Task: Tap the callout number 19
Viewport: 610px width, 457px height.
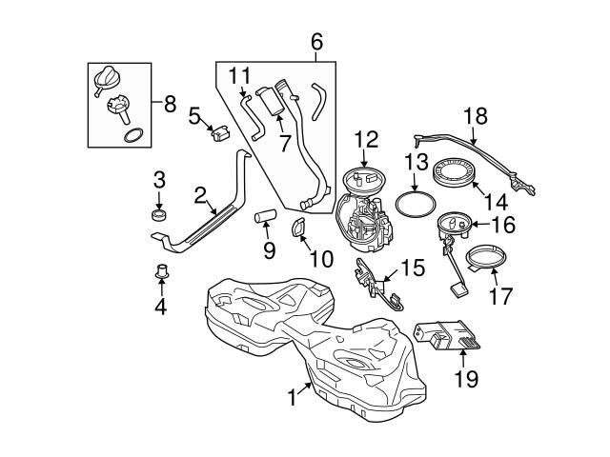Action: pos(465,378)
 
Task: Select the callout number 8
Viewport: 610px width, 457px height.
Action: pos(170,104)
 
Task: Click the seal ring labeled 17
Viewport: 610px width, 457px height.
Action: pos(493,257)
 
